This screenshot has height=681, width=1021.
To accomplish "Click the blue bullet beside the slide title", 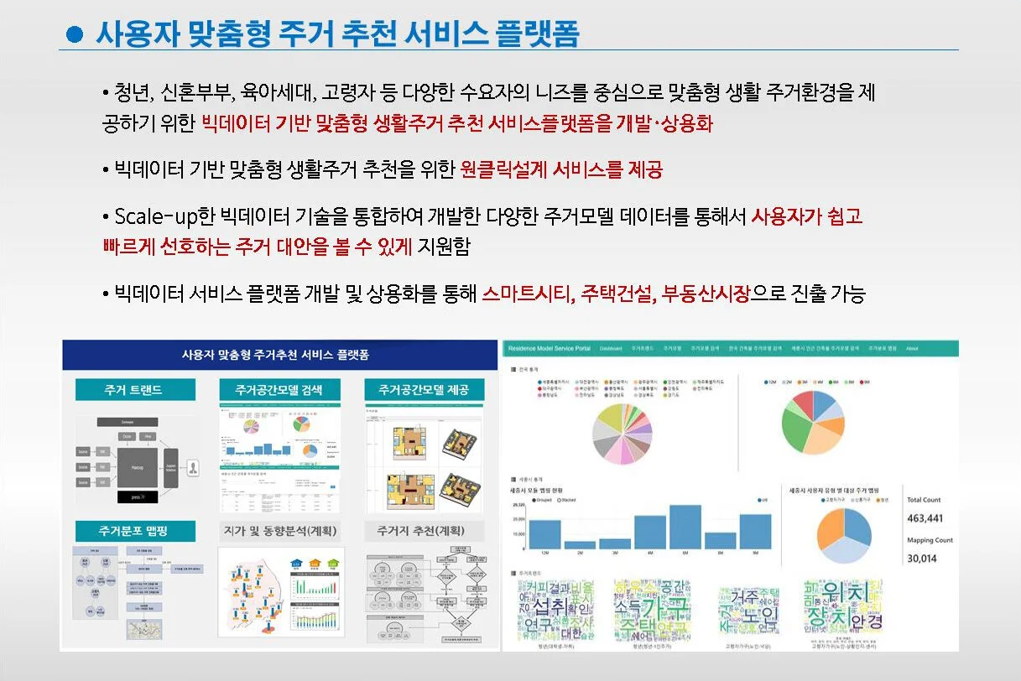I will coord(75,34).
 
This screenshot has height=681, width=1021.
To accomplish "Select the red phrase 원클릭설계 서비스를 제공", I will coord(561,170).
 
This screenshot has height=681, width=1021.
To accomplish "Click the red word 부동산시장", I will coord(705,294).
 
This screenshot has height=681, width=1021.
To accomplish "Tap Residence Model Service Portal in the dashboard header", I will coord(550,347).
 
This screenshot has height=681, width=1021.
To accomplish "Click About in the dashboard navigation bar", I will coord(912,347).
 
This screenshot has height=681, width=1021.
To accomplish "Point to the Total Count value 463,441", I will coord(925,518).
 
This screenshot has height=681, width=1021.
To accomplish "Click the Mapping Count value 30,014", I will coord(921,559).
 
